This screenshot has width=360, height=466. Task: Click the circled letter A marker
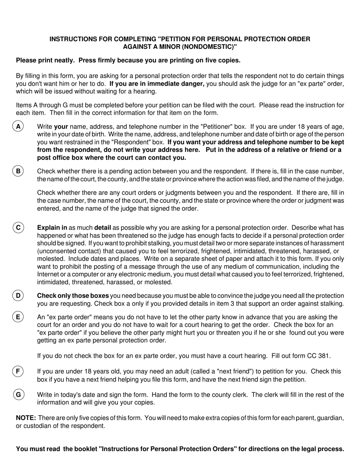(18, 127)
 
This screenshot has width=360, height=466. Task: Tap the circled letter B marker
(18, 171)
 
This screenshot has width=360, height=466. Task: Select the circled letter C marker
(18, 228)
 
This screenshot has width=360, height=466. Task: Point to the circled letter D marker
(18, 296)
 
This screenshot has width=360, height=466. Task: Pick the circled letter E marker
(18, 317)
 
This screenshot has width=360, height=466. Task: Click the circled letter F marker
(18, 371)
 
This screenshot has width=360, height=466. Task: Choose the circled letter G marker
(18, 395)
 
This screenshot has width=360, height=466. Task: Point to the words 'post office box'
(58, 158)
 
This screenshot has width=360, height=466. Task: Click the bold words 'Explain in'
(52, 228)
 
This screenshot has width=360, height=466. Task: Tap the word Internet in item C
(48, 274)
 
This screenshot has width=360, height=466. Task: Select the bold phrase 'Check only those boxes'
(73, 296)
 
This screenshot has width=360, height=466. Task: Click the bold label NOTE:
(26, 418)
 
